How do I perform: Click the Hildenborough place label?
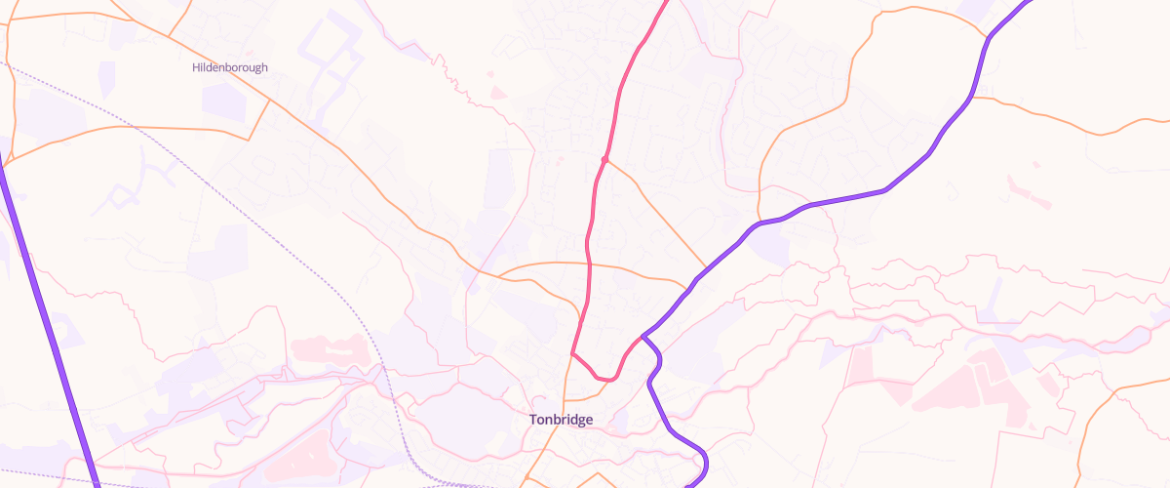229,67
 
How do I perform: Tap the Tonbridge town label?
561,420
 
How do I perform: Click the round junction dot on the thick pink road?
605,159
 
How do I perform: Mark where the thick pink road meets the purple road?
642,338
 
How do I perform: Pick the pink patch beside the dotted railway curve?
326,347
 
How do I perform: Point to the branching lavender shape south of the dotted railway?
136,185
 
